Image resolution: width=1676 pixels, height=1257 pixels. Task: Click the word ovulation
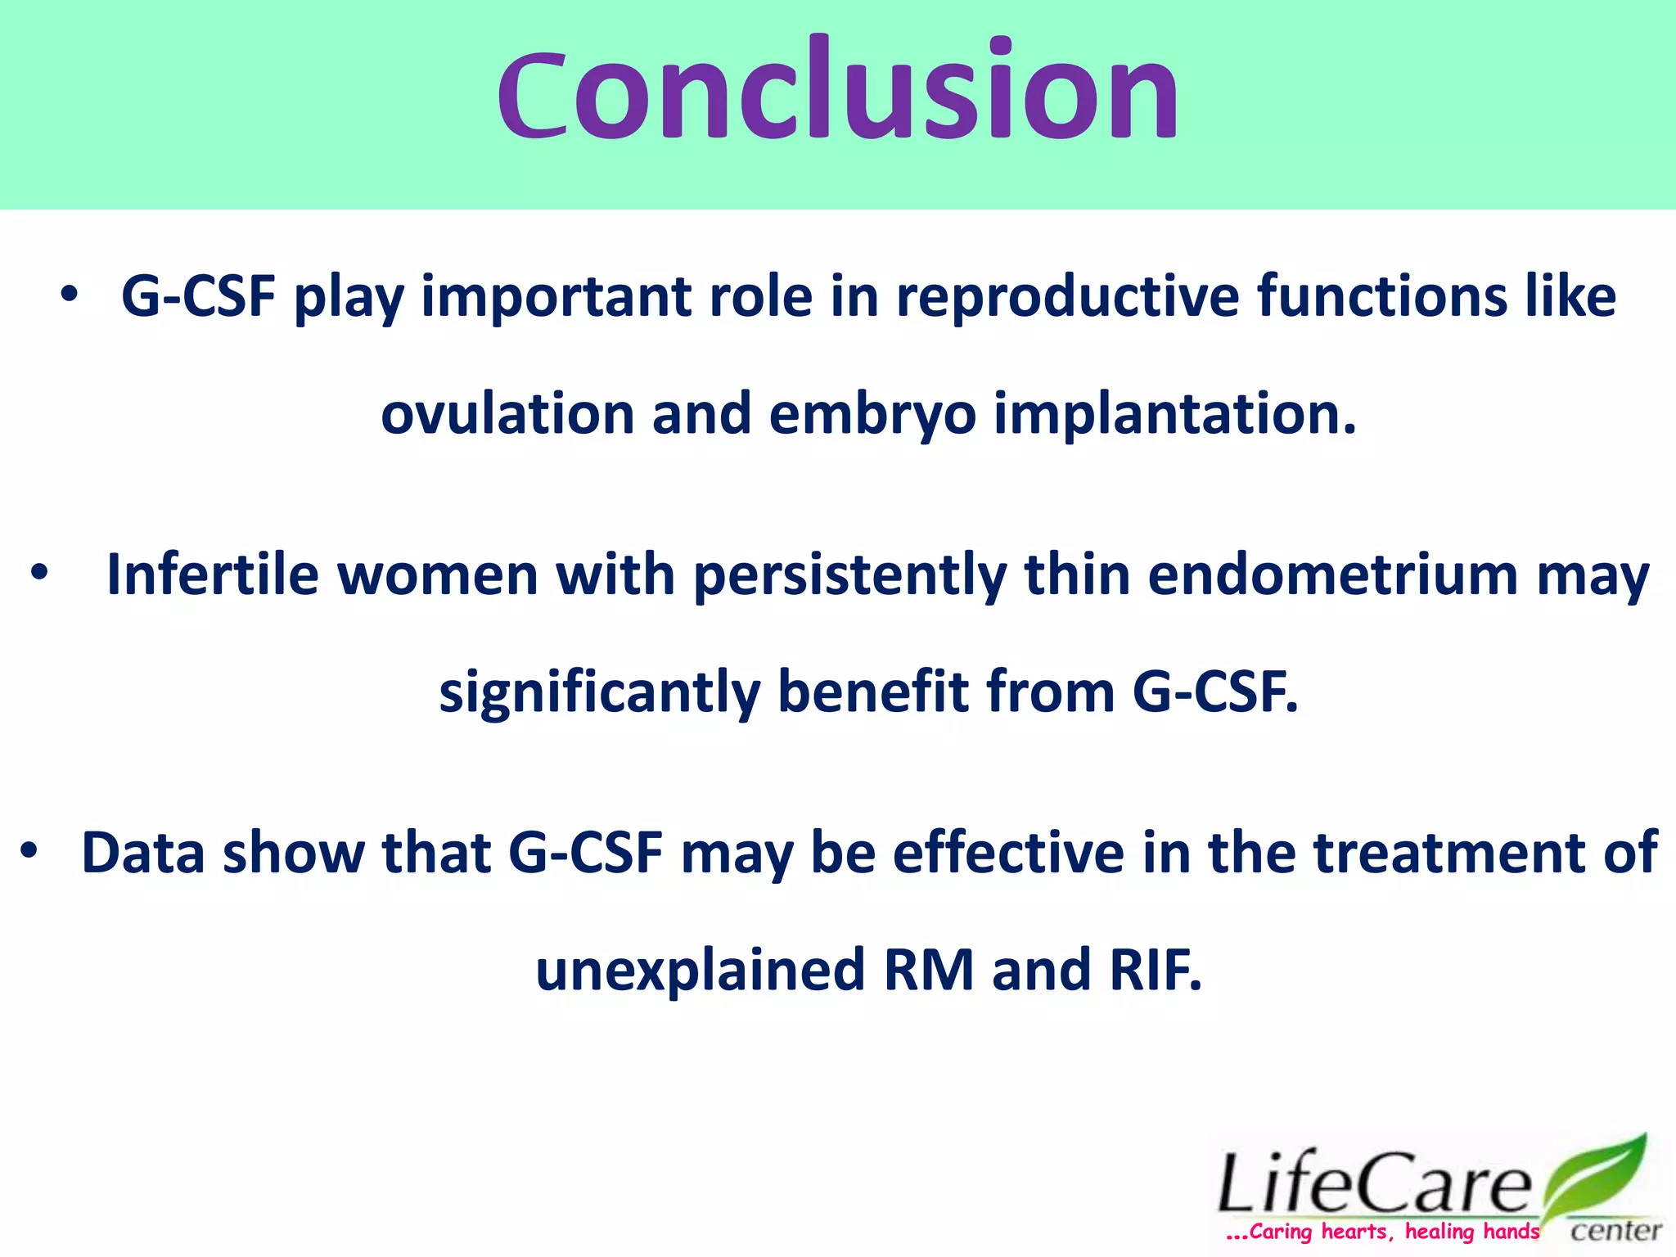point(507,413)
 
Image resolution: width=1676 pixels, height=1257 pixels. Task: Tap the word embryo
point(872,415)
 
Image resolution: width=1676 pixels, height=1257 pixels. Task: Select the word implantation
point(1175,415)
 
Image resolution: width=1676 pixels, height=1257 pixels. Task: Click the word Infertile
point(212,574)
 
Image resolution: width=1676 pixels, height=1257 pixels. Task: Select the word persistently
point(849,576)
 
